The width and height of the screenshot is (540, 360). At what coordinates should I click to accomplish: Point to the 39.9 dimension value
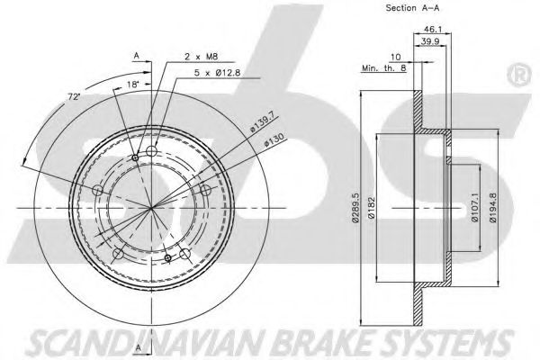[x=426, y=41]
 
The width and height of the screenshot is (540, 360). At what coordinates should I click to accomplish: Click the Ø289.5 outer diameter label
[x=357, y=209]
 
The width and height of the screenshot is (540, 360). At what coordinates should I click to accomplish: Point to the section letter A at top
[x=137, y=54]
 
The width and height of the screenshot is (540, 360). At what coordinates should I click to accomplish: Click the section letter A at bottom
[x=137, y=346]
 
